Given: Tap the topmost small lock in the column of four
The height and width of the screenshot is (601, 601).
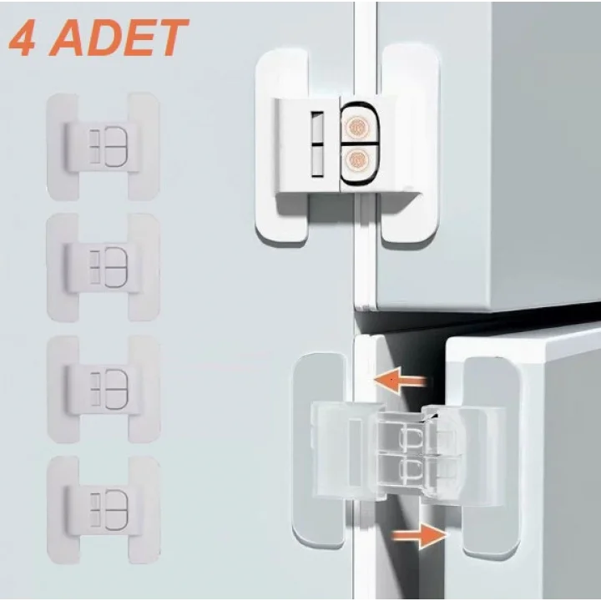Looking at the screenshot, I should click(x=104, y=146).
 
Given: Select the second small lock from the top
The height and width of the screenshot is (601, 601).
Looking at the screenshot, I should click(x=104, y=265).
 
